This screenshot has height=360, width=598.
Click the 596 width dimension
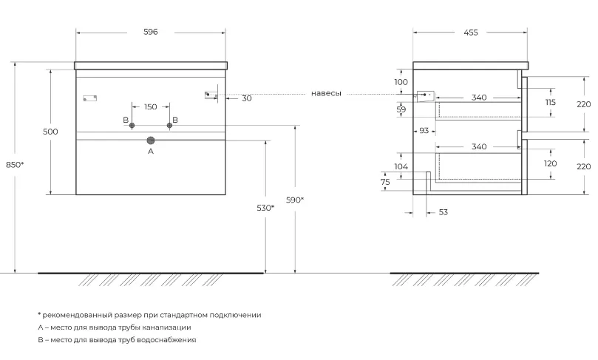151,32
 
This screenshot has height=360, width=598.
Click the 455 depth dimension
471,33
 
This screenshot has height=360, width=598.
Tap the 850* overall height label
15,165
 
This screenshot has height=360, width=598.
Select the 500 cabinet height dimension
50,132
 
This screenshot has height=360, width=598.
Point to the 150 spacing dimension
151,106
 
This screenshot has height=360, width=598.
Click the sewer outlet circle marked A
151,140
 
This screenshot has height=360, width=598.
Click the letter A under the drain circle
151,152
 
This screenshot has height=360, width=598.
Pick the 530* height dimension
265,208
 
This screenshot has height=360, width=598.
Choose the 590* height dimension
295,200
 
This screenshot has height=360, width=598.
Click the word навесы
326,93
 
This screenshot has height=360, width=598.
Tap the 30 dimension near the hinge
247,98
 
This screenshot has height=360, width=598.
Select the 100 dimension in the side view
401,82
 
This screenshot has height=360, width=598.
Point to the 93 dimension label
424,131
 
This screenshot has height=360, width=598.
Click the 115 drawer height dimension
551,102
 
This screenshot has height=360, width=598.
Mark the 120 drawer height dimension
551,163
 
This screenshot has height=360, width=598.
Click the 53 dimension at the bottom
444,212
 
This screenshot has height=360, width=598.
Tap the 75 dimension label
385,183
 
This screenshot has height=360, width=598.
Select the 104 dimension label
401,166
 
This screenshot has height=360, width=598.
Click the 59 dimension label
401,110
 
